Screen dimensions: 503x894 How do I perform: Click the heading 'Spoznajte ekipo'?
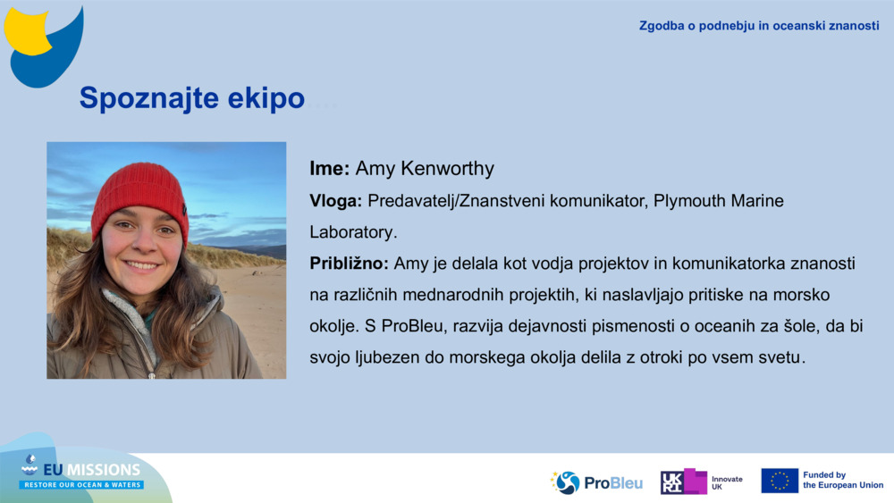click(191, 98)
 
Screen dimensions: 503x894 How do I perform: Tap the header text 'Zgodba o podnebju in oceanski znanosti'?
click(759, 25)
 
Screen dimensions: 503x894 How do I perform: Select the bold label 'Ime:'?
click(330, 169)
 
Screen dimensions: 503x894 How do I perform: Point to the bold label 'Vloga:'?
click(335, 201)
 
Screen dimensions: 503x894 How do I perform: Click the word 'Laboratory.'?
click(352, 232)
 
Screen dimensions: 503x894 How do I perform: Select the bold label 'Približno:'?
click(349, 264)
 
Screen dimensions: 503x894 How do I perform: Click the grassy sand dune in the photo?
click(67, 246)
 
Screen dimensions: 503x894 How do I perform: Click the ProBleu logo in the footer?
click(596, 482)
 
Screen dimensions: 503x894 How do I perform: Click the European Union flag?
click(780, 481)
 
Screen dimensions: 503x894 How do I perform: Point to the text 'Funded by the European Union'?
click(842, 481)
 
